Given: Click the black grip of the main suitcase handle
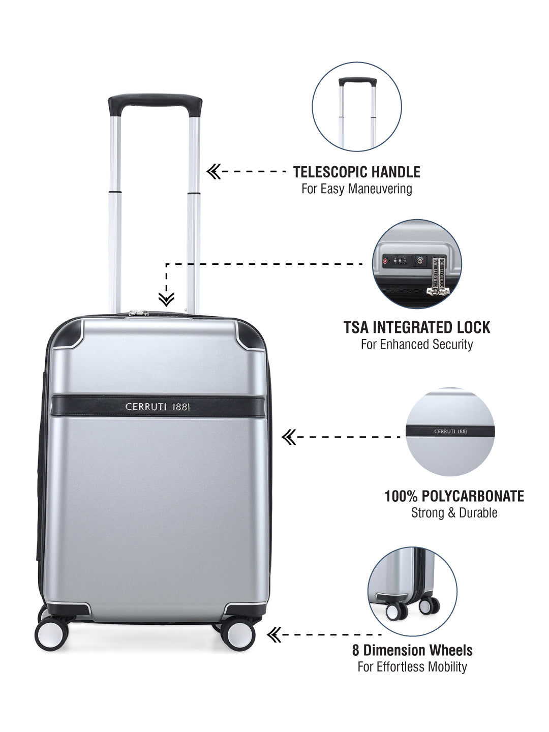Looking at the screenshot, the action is coord(155,105).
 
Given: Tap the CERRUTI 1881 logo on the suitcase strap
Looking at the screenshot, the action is coord(158,407).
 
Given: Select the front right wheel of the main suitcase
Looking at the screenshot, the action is coord(237,633).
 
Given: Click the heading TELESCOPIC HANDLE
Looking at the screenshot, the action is coord(357,172).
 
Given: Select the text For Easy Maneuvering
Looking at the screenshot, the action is coord(357,189).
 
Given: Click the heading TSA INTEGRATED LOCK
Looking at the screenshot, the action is coord(417,327).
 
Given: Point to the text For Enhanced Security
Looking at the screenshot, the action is coord(417,344).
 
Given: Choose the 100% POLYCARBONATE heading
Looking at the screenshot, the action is coord(454,496).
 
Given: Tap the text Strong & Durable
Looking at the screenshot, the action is coord(454,512).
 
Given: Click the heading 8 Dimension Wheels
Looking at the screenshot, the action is coord(412,650).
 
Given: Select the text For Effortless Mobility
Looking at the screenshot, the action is coord(412,666).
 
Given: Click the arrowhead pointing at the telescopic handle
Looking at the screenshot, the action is coord(213,172).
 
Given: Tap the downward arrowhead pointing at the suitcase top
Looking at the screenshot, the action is coord(166,299).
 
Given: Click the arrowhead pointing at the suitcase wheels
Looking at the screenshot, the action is coord(274,634).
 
